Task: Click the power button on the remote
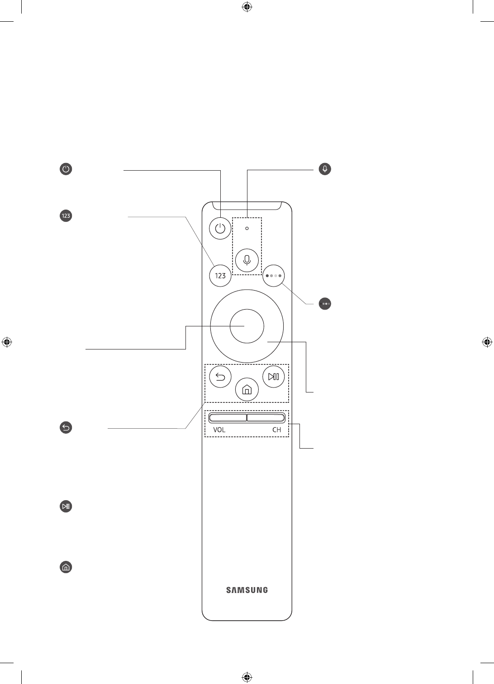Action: (220, 229)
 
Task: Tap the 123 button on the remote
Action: (220, 276)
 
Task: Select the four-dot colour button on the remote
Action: (274, 275)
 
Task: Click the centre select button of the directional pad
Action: (247, 326)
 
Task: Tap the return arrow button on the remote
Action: (220, 377)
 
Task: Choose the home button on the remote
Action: (247, 389)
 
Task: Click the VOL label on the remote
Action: (219, 430)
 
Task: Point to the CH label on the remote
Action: (276, 430)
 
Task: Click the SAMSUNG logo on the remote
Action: (247, 590)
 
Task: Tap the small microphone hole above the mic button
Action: (247, 228)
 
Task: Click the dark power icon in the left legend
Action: (66, 170)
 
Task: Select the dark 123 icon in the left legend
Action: (66, 216)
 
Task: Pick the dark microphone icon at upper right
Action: (325, 169)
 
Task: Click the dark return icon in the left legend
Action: (66, 427)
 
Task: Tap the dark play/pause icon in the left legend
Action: (66, 507)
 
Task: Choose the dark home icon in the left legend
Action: (66, 567)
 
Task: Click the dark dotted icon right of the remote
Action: (325, 304)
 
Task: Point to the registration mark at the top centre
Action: (247, 7)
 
